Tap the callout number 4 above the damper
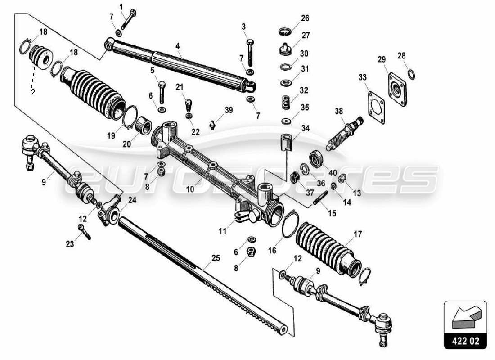click(178, 46)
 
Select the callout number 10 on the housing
click(190, 189)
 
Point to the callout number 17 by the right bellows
click(358, 234)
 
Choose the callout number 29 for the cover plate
click(382, 59)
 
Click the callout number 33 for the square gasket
click(363, 77)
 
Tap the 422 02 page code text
click(465, 341)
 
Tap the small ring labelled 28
click(411, 74)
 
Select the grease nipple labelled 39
click(212, 124)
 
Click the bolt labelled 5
click(162, 93)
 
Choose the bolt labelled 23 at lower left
click(84, 232)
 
